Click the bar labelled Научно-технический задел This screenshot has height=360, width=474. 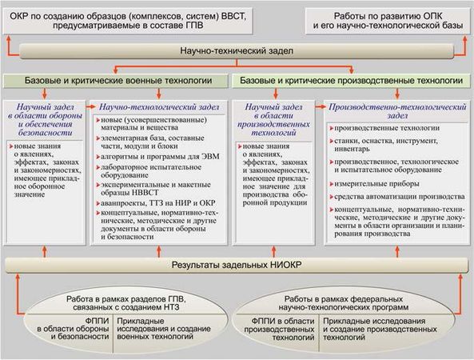pos(236,52)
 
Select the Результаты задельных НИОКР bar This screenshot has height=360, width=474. pos(237,266)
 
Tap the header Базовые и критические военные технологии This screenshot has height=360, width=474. pos(118,82)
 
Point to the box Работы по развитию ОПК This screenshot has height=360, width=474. pos(388,18)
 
